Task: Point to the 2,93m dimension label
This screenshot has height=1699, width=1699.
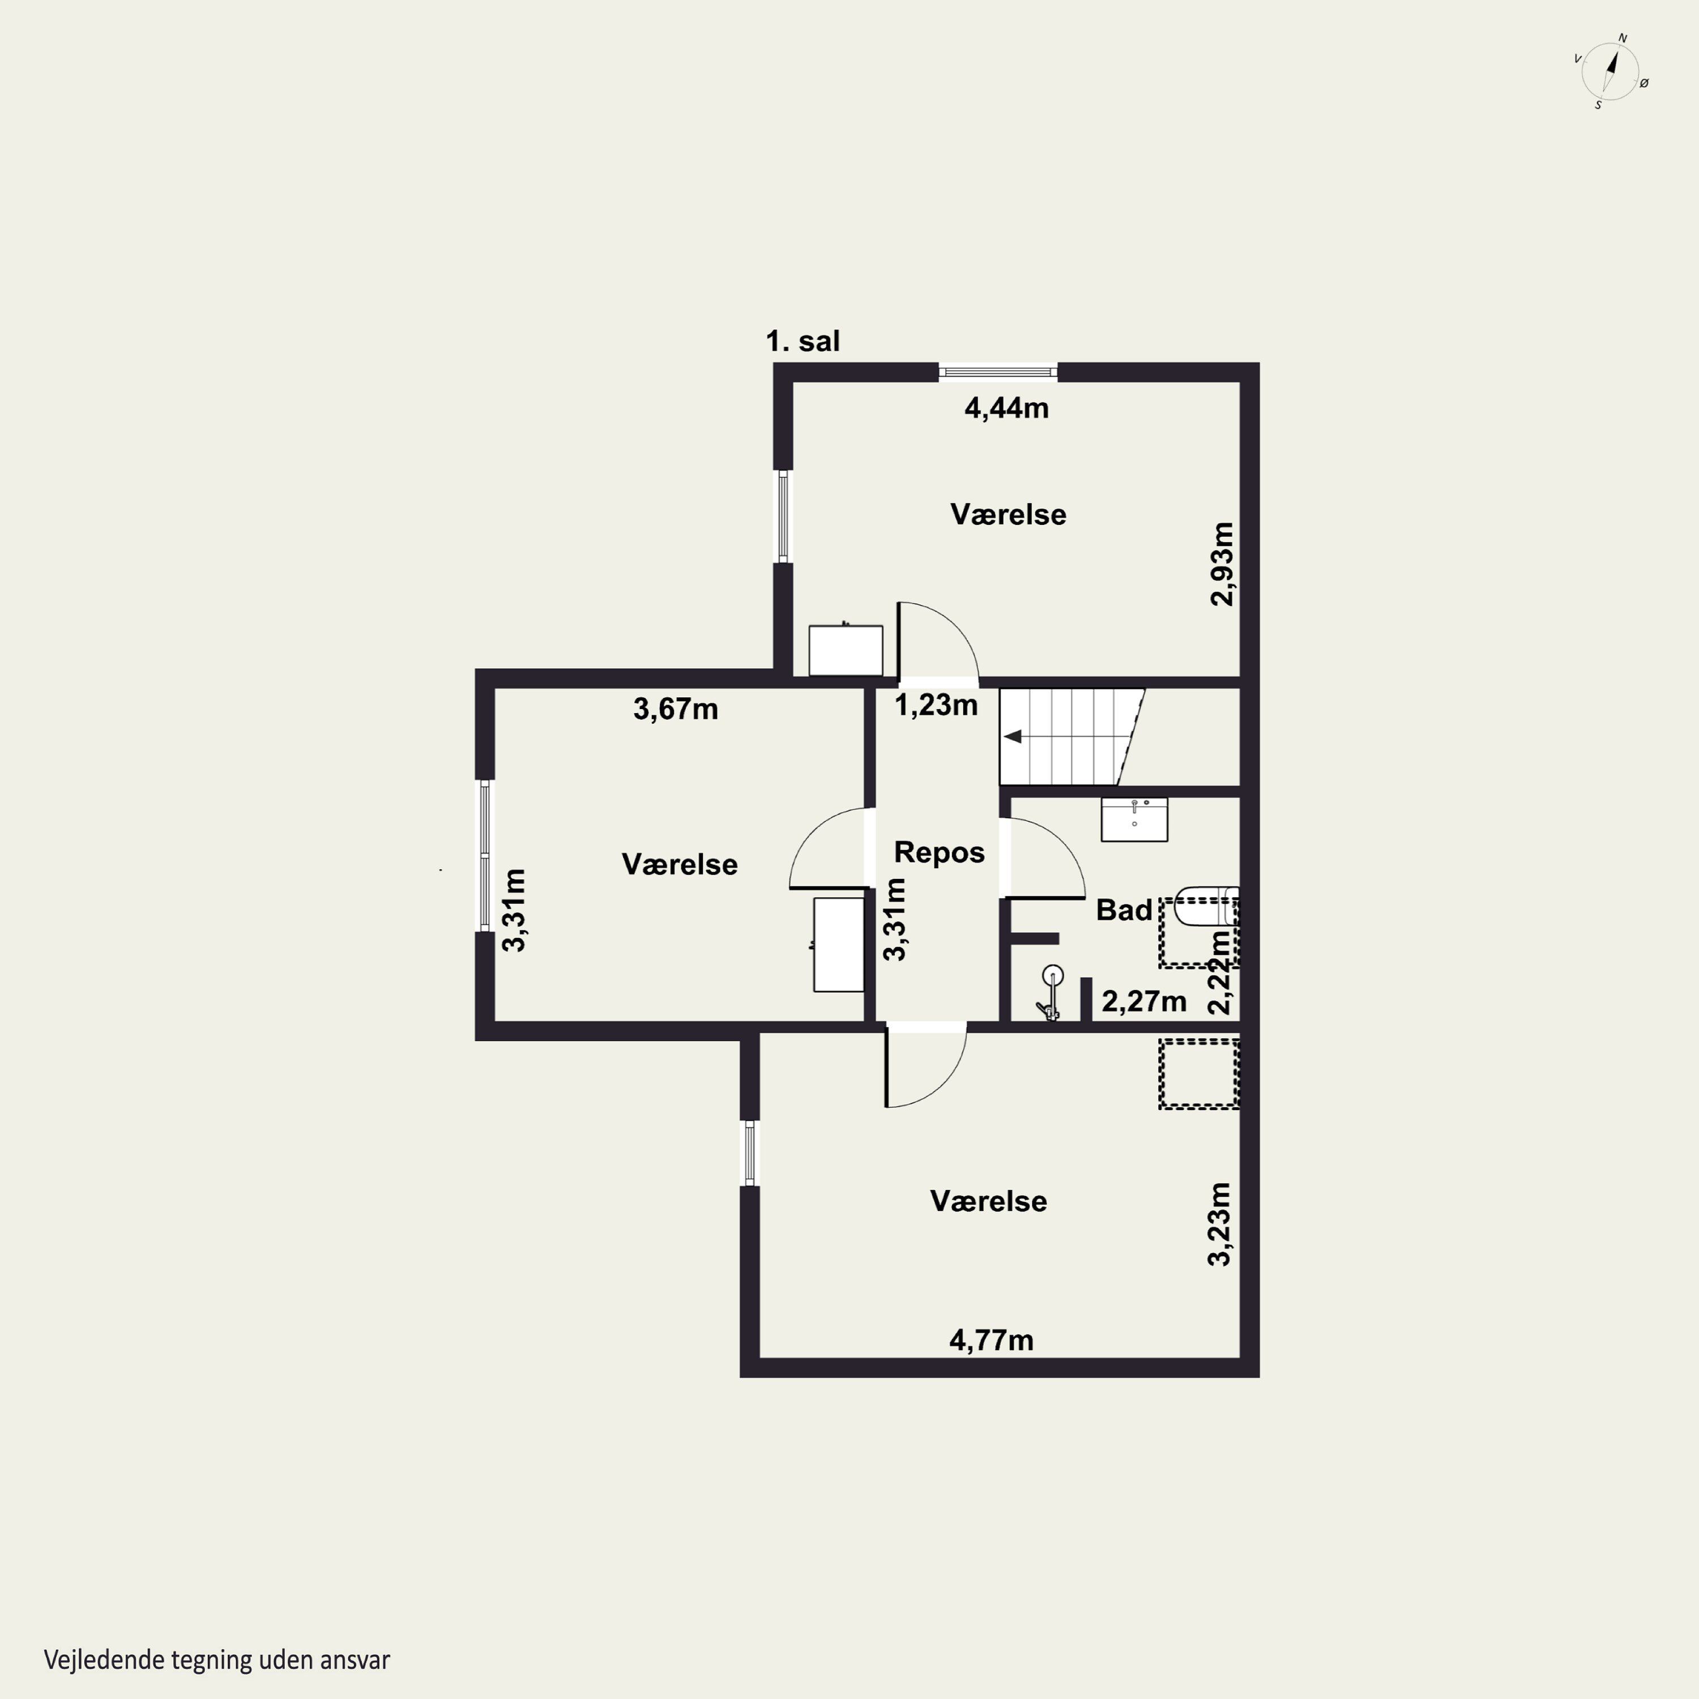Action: pyautogui.click(x=1222, y=564)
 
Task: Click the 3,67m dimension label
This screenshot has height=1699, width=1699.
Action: pyautogui.click(x=676, y=709)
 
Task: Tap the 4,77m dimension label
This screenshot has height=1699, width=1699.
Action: pyautogui.click(x=991, y=1340)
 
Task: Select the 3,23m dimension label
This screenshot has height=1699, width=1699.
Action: pyautogui.click(x=1219, y=1224)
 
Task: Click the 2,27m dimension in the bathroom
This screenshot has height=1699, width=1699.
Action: pyautogui.click(x=1144, y=1001)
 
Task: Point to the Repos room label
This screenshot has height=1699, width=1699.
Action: pyautogui.click(x=939, y=852)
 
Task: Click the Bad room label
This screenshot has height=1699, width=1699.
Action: pyautogui.click(x=1124, y=910)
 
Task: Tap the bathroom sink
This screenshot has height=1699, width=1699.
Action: pyautogui.click(x=1134, y=819)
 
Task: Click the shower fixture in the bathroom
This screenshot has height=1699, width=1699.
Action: pyautogui.click(x=1050, y=993)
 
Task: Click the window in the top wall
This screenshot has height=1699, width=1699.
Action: pyautogui.click(x=998, y=372)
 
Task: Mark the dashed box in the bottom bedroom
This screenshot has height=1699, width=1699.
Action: pyautogui.click(x=1198, y=1074)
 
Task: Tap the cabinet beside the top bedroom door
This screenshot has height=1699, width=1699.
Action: pyautogui.click(x=846, y=650)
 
